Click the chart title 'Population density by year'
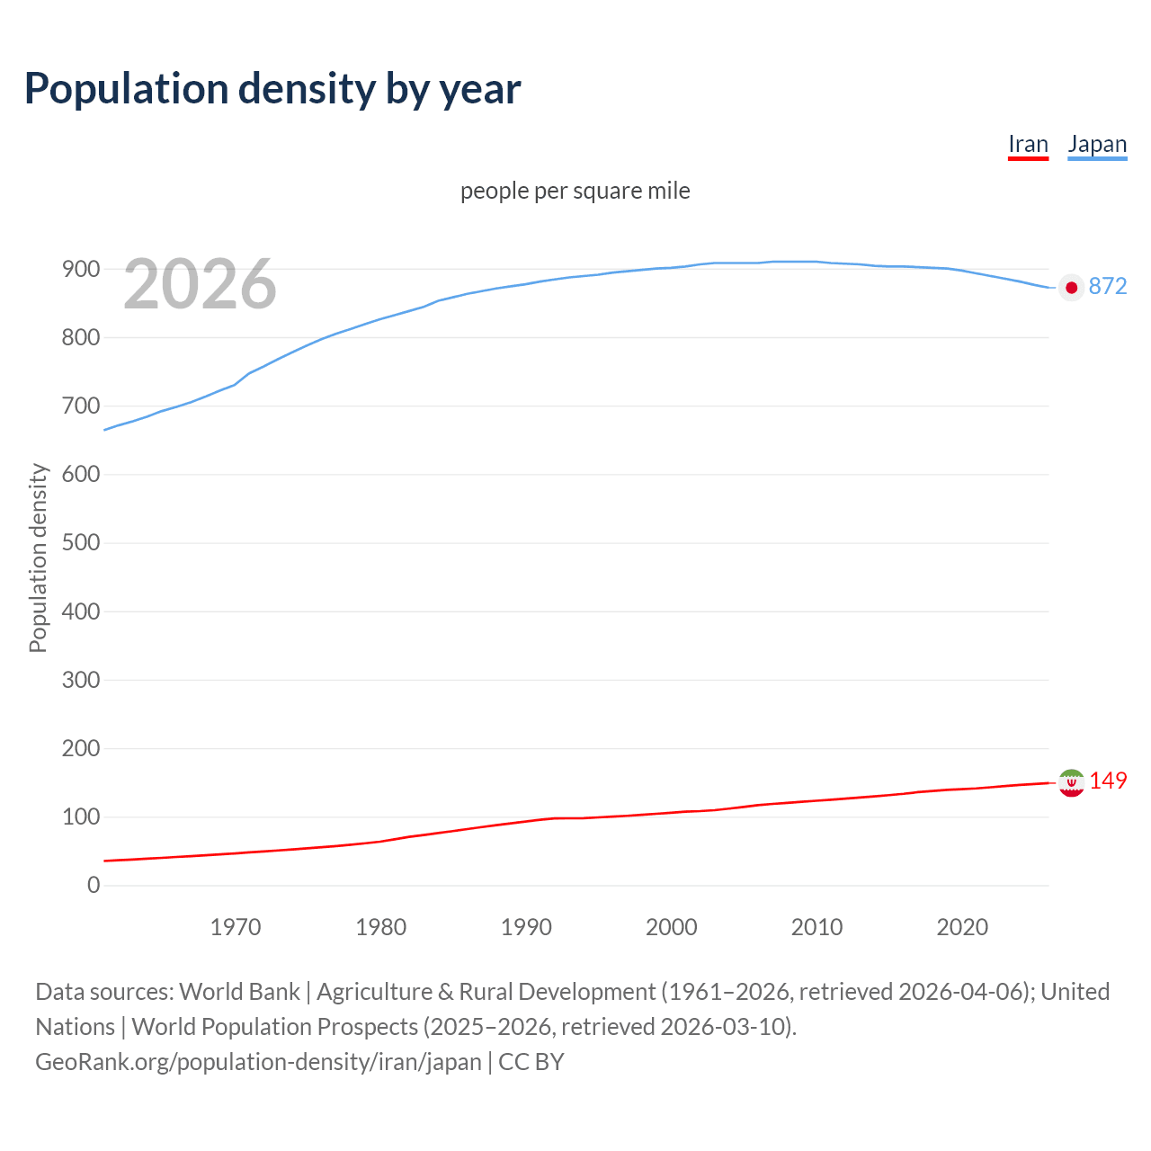tap(272, 88)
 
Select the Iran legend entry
tap(1028, 145)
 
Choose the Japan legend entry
tap(1097, 145)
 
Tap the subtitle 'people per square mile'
tap(575, 192)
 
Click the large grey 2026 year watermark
tap(200, 284)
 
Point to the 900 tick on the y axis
tap(81, 269)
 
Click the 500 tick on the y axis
tap(81, 543)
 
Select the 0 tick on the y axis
tap(94, 885)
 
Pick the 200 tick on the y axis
tap(81, 748)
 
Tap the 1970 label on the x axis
tap(236, 927)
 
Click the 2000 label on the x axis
tap(672, 927)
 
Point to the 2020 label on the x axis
tap(962, 927)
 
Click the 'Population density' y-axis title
tap(38, 558)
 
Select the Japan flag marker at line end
tap(1071, 288)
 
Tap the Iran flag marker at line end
tap(1071, 783)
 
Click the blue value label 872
tap(1108, 286)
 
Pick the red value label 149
tap(1108, 781)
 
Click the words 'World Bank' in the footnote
tap(239, 992)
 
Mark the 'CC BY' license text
tap(531, 1062)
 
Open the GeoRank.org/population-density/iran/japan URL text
tap(258, 1062)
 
